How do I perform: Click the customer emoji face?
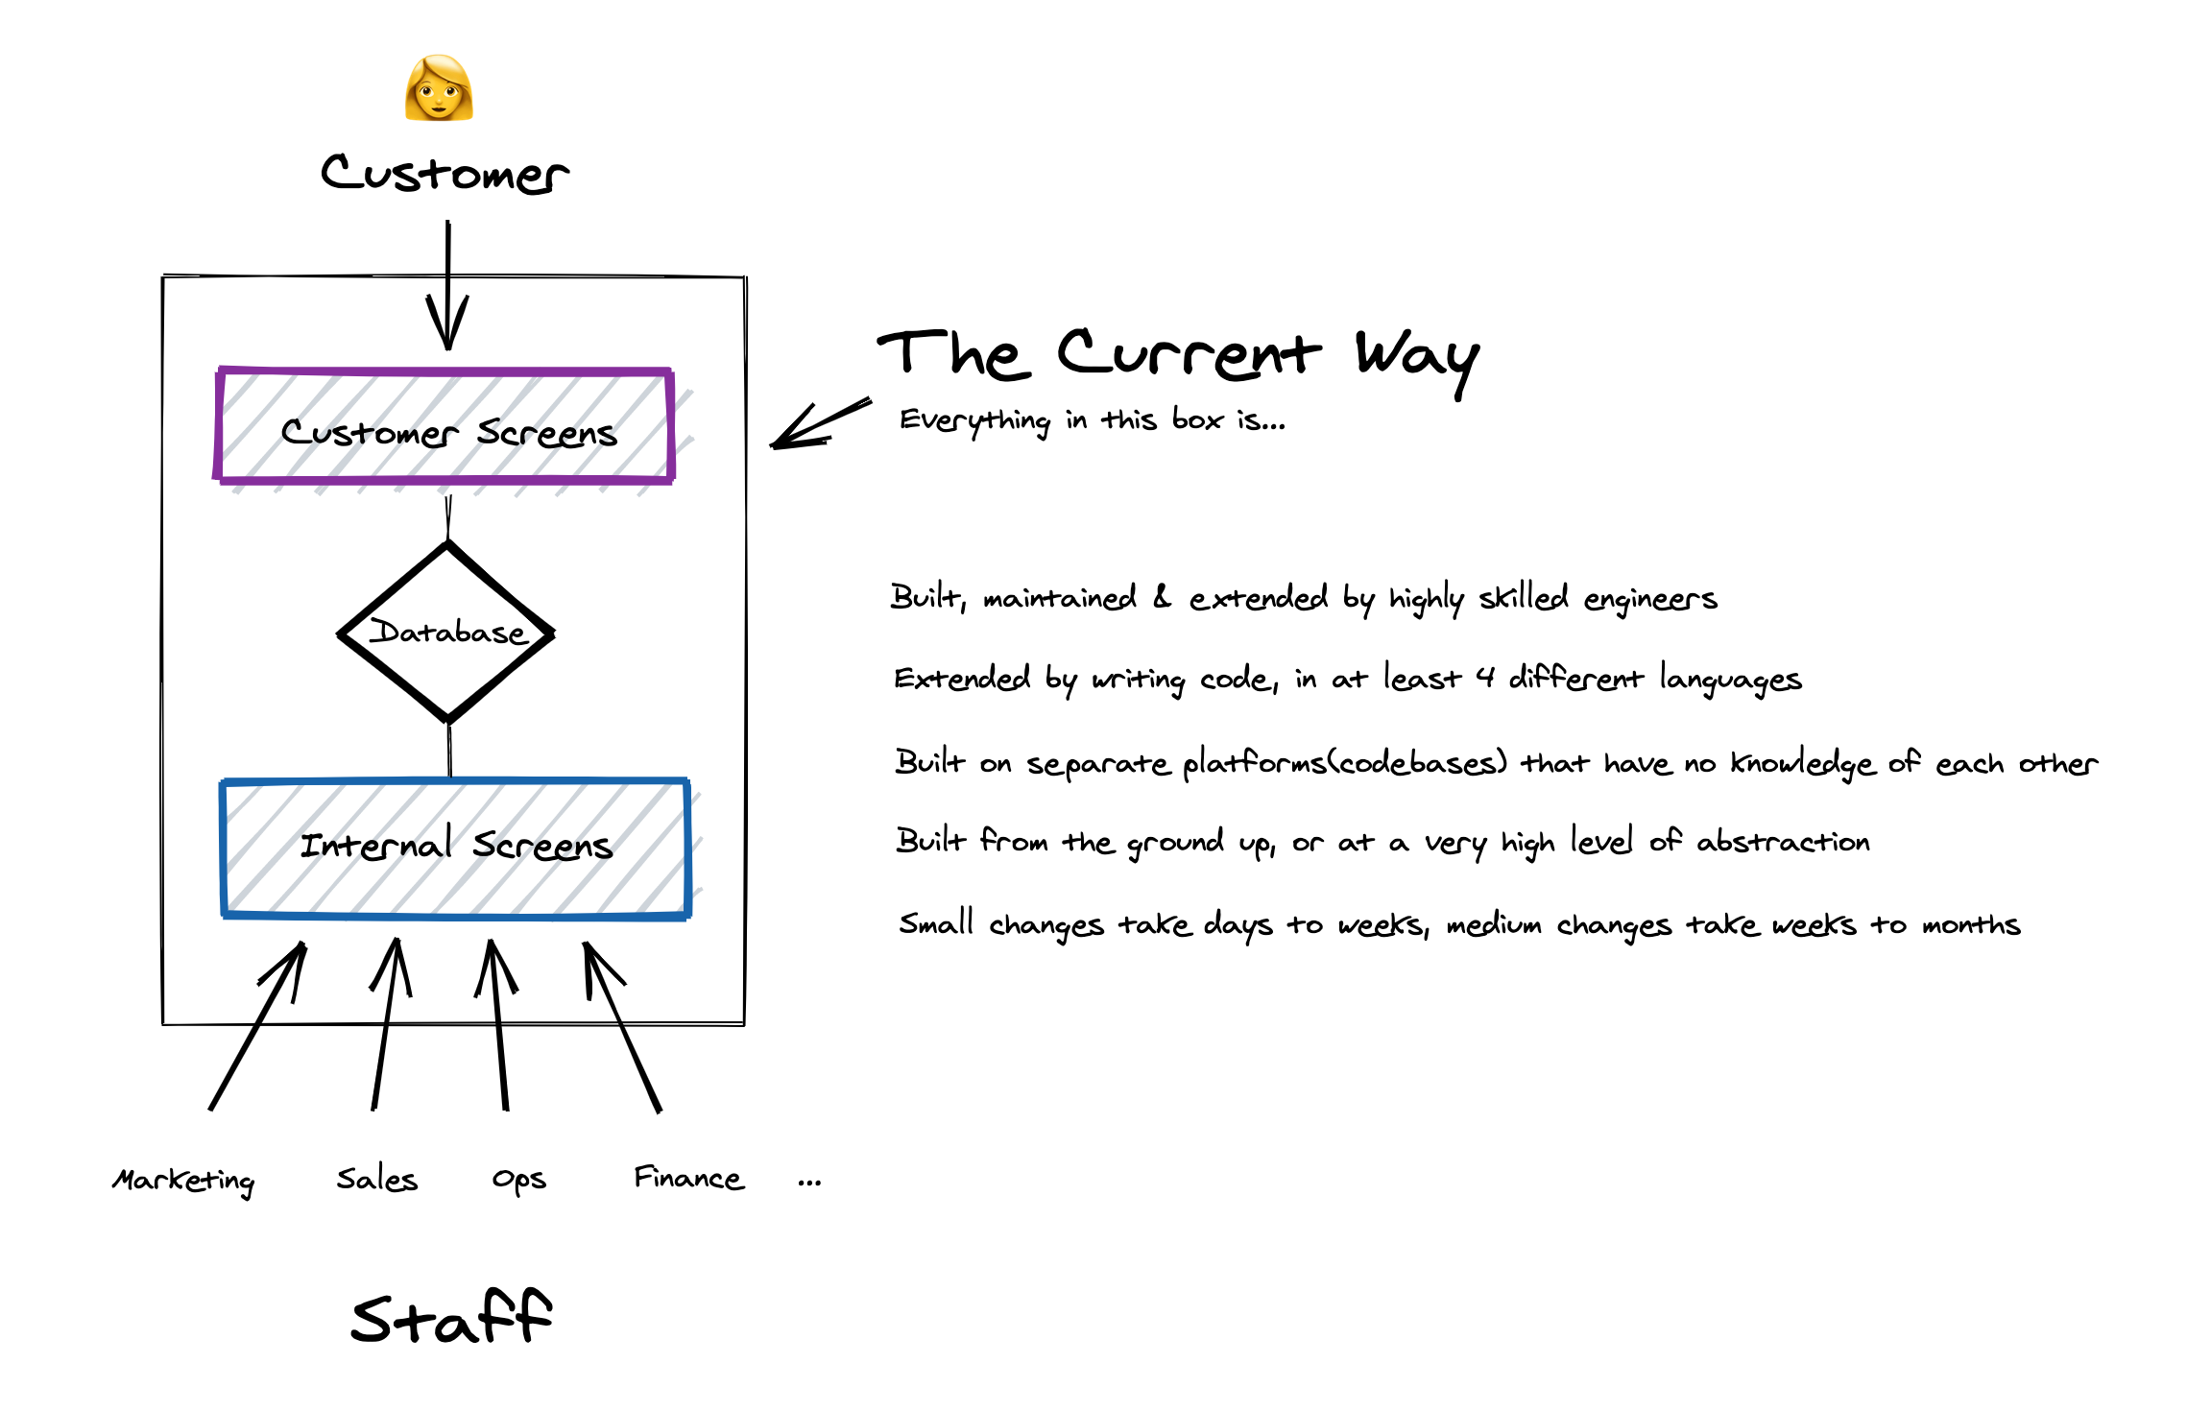pos(439,88)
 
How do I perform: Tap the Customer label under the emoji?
pos(445,174)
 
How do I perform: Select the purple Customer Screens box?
pos(445,425)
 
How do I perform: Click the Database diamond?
pos(447,632)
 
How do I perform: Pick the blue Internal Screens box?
pos(455,847)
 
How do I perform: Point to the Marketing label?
pos(183,1180)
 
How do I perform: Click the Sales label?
pos(377,1179)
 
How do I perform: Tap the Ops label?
pos(518,1180)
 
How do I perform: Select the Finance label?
pos(688,1178)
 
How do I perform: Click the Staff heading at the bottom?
pos(451,1318)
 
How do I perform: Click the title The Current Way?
pos(1178,355)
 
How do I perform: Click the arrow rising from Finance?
pos(622,1026)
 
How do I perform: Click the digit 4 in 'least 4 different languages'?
pos(1485,678)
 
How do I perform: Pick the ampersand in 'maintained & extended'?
pos(1162,597)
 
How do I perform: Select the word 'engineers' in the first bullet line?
pos(1649,600)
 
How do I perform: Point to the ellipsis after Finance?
pos(809,1183)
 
